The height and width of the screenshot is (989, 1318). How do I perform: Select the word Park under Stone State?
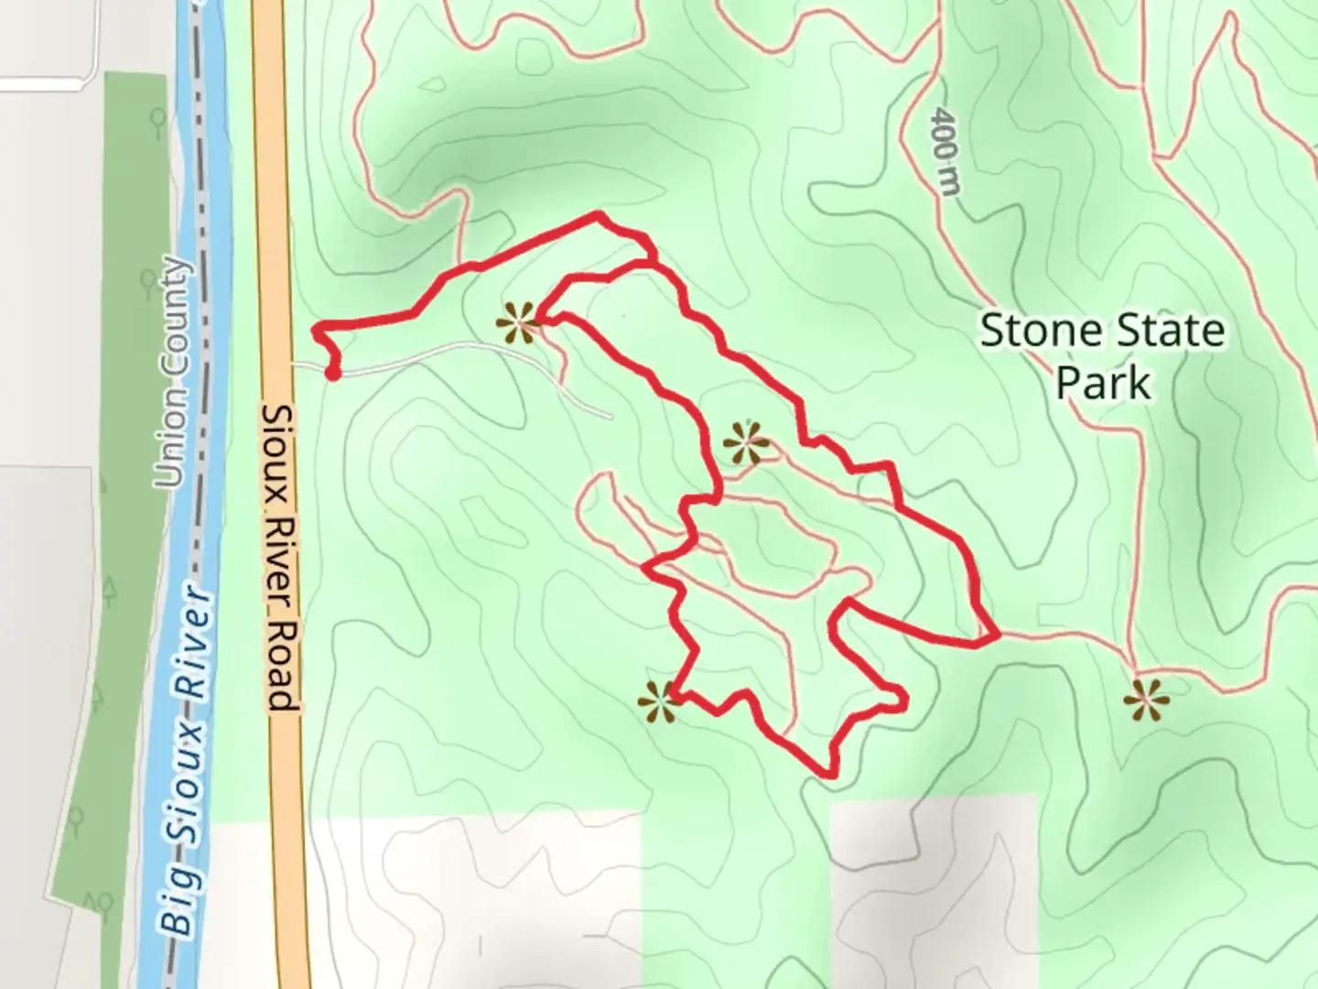tap(1103, 383)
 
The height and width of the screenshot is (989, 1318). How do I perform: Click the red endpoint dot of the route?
tap(333, 374)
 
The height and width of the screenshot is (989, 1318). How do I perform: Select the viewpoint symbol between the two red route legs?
tap(746, 444)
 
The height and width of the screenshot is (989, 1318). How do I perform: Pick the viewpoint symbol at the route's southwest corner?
tap(659, 702)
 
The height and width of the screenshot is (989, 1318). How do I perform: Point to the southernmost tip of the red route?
tap(829, 775)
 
